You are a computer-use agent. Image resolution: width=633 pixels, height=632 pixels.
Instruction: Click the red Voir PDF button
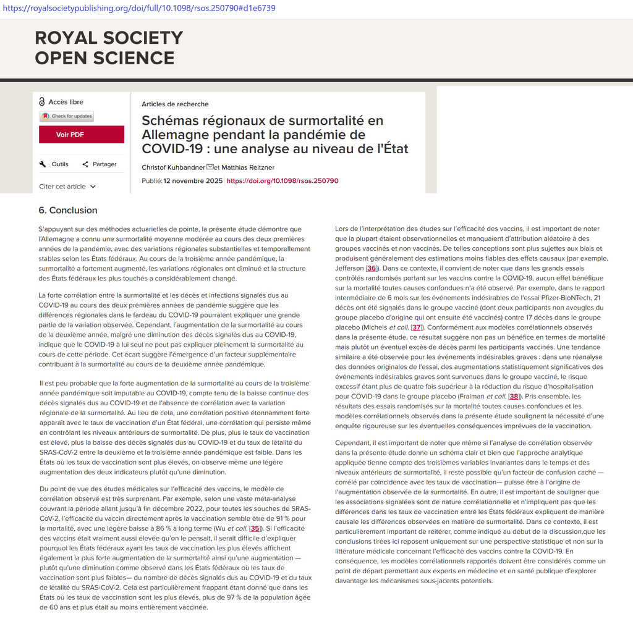pos(82,135)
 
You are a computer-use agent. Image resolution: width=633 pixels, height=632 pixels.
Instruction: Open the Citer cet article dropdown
pos(67,187)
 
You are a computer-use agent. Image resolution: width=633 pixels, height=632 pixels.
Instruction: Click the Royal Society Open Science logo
pos(109,48)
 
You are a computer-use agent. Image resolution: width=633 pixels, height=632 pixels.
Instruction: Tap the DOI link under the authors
pos(283,181)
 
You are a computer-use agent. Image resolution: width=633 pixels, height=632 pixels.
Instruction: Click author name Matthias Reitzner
pos(248,167)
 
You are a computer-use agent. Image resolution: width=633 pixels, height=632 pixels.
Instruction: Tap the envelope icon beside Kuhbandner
pos(210,167)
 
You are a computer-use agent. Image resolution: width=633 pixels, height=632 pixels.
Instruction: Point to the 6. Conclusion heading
pos(68,210)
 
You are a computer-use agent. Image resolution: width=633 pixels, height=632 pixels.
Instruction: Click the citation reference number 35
pos(255,529)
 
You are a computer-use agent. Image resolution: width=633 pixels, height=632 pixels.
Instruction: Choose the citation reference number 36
pos(372,268)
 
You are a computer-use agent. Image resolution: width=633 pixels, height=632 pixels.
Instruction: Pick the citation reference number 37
pos(417,327)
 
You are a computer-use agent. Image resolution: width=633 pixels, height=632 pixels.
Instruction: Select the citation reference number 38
pos(514,397)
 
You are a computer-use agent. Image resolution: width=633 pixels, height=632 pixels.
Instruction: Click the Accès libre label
pos(66,102)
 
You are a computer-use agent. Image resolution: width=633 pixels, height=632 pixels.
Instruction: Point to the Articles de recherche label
pos(175,104)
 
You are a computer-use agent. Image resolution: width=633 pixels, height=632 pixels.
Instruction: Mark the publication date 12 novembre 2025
pos(192,181)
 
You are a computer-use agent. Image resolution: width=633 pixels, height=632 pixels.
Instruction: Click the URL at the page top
pos(139,8)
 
